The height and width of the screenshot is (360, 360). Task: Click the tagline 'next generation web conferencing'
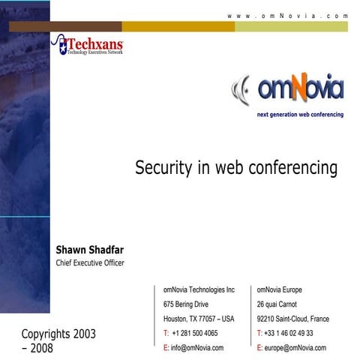tap(300, 115)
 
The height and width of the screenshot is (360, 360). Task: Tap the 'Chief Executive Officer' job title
tap(90, 262)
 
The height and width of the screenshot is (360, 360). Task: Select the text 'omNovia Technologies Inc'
tap(199, 289)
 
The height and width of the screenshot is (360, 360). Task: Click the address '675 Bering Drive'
tap(186, 304)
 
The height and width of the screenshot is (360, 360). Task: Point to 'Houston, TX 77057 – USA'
tap(199, 319)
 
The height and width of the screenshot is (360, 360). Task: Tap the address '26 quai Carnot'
tap(277, 304)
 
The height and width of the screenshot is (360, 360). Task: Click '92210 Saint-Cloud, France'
tap(292, 319)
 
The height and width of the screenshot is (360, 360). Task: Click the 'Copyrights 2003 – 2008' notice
tap(58, 340)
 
